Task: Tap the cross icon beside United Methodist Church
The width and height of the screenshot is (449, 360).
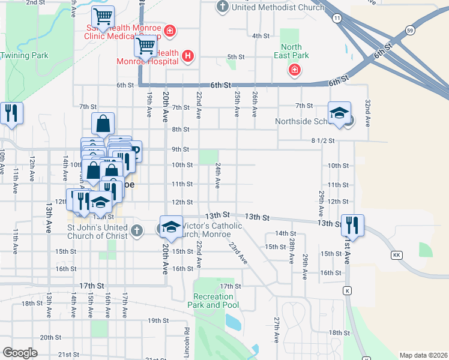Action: click(x=223, y=7)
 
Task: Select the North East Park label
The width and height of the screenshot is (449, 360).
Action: click(x=292, y=52)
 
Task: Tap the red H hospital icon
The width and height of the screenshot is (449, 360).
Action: click(x=188, y=56)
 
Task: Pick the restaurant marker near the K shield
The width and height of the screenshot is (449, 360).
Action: click(x=351, y=226)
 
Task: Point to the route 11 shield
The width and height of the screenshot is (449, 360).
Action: click(x=338, y=19)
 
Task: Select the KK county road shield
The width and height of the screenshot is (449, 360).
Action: click(x=396, y=256)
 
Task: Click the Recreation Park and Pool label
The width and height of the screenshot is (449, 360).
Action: click(x=213, y=301)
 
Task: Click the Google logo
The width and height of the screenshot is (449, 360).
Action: click(x=20, y=353)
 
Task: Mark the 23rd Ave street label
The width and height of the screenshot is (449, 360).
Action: click(x=238, y=252)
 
